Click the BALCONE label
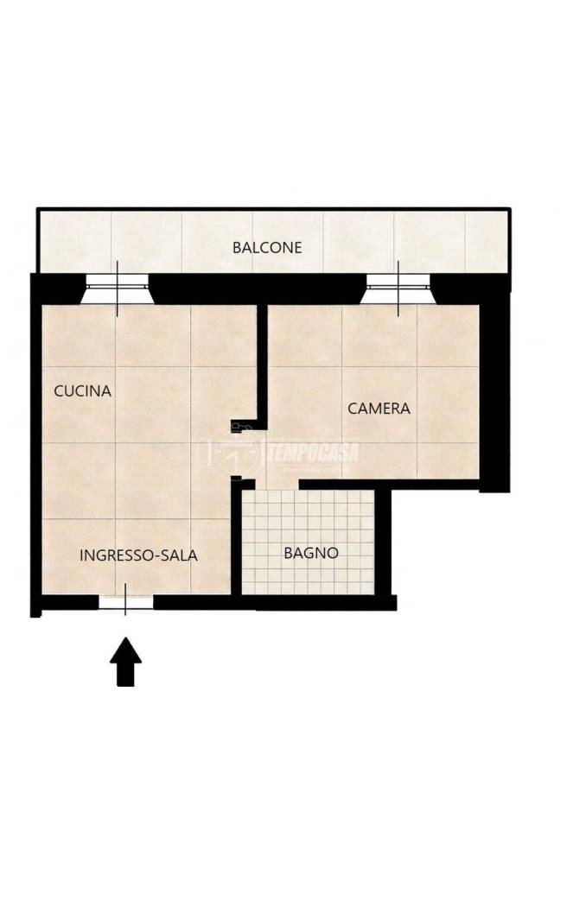(x=267, y=248)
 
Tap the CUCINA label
(x=82, y=391)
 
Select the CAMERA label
(x=379, y=409)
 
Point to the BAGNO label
(x=310, y=553)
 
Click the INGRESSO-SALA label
(x=138, y=555)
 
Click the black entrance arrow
(x=125, y=662)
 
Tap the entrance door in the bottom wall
(x=125, y=601)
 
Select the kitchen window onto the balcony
(x=118, y=288)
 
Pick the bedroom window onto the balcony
(x=398, y=288)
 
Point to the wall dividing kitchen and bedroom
(x=262, y=365)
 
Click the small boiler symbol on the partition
(x=239, y=428)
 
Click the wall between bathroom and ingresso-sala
(x=236, y=537)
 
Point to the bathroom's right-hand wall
(x=384, y=543)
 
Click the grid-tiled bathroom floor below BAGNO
(x=308, y=579)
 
